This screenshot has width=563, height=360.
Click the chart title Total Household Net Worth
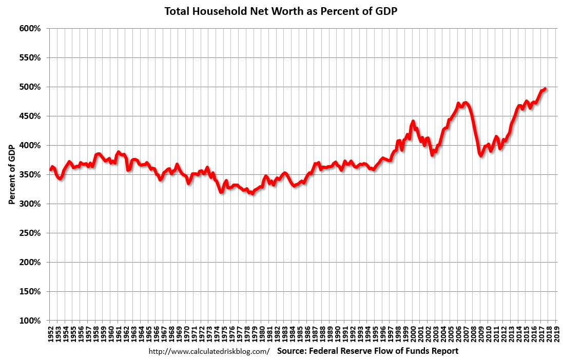click(x=281, y=11)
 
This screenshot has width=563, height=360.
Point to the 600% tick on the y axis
click(x=30, y=29)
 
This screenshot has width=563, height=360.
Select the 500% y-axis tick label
click(x=30, y=87)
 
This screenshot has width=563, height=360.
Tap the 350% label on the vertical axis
click(x=30, y=175)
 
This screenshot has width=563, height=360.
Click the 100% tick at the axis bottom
click(x=30, y=321)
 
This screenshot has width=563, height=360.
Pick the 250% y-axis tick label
click(x=30, y=233)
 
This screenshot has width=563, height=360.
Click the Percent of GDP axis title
click(x=11, y=175)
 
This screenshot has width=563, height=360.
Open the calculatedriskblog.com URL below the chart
click(x=209, y=352)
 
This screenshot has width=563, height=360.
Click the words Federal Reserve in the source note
click(x=337, y=351)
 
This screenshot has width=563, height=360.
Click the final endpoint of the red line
click(x=545, y=89)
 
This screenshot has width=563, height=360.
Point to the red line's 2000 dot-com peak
click(x=413, y=122)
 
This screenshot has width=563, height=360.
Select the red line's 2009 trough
click(x=481, y=155)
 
